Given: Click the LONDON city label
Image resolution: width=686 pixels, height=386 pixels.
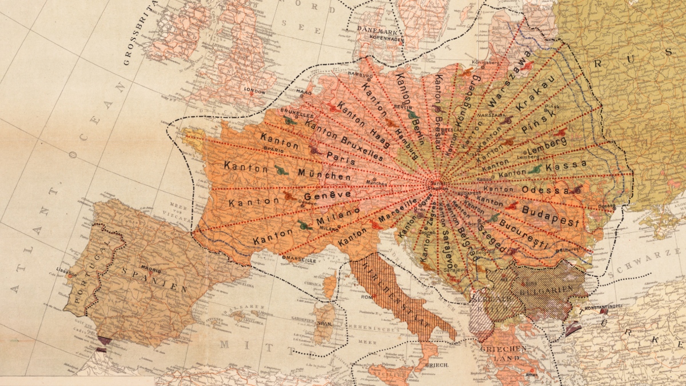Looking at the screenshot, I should [x=254, y=91].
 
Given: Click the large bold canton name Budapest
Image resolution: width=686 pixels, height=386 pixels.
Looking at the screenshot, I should [x=551, y=215].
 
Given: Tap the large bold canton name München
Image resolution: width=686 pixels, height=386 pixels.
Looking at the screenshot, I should [x=324, y=174].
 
